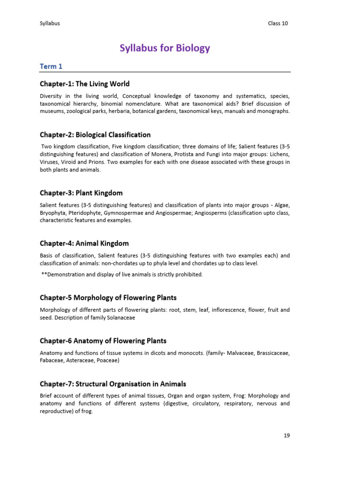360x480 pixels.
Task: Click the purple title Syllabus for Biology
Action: click(x=165, y=48)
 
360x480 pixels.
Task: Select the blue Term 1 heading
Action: click(x=51, y=67)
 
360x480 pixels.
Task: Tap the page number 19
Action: click(x=287, y=435)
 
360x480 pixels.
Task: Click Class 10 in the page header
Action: click(x=278, y=23)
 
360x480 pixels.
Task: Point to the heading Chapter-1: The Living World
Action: click(x=85, y=84)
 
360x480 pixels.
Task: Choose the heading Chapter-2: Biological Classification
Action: click(x=95, y=135)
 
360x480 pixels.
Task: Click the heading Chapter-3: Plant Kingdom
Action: click(x=81, y=193)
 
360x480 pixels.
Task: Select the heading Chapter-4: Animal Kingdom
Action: click(x=84, y=244)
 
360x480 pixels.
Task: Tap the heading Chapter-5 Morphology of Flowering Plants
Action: click(x=108, y=298)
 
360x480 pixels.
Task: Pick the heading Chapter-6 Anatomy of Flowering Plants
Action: click(x=103, y=341)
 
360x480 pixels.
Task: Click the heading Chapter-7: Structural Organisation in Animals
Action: click(x=113, y=384)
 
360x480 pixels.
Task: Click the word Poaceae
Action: click(x=108, y=360)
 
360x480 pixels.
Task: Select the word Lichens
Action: click(x=280, y=154)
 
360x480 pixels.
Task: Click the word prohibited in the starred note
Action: click(x=188, y=275)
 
